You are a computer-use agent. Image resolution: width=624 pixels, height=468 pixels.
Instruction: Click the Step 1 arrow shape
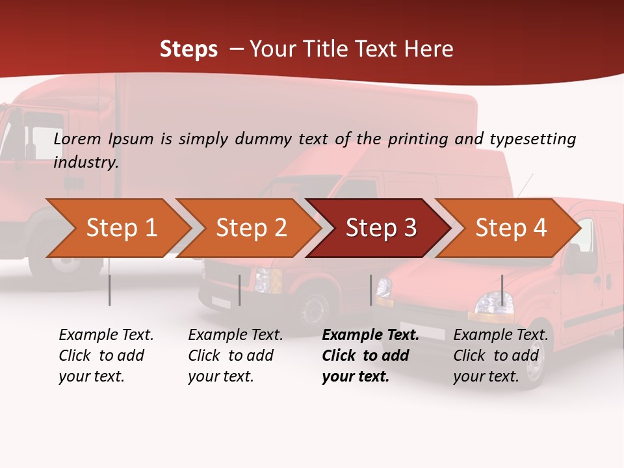click(x=120, y=228)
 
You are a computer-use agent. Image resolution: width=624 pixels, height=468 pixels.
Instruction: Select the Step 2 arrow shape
click(x=250, y=228)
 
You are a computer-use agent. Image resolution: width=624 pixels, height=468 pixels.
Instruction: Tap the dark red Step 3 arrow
click(x=380, y=228)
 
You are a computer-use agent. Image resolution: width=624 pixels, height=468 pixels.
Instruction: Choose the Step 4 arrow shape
click(x=510, y=228)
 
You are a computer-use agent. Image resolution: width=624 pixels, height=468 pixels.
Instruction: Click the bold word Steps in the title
click(x=188, y=49)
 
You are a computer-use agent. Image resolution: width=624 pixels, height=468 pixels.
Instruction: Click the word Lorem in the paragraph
click(x=77, y=138)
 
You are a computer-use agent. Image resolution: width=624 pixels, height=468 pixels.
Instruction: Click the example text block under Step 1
click(x=105, y=356)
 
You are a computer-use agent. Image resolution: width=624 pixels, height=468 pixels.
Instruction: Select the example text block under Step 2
click(x=235, y=356)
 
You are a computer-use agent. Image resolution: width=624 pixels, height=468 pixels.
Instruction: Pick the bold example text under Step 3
click(x=369, y=356)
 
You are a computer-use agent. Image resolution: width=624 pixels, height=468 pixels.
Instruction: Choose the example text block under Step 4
click(x=500, y=356)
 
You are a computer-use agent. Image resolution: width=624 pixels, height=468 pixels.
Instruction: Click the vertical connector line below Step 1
click(x=109, y=290)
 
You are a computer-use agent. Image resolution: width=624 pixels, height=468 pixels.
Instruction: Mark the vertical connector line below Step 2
click(x=240, y=290)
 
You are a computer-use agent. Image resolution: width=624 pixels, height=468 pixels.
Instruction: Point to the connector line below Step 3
click(x=370, y=290)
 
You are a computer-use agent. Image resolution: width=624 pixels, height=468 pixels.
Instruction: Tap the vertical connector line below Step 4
click(x=502, y=290)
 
